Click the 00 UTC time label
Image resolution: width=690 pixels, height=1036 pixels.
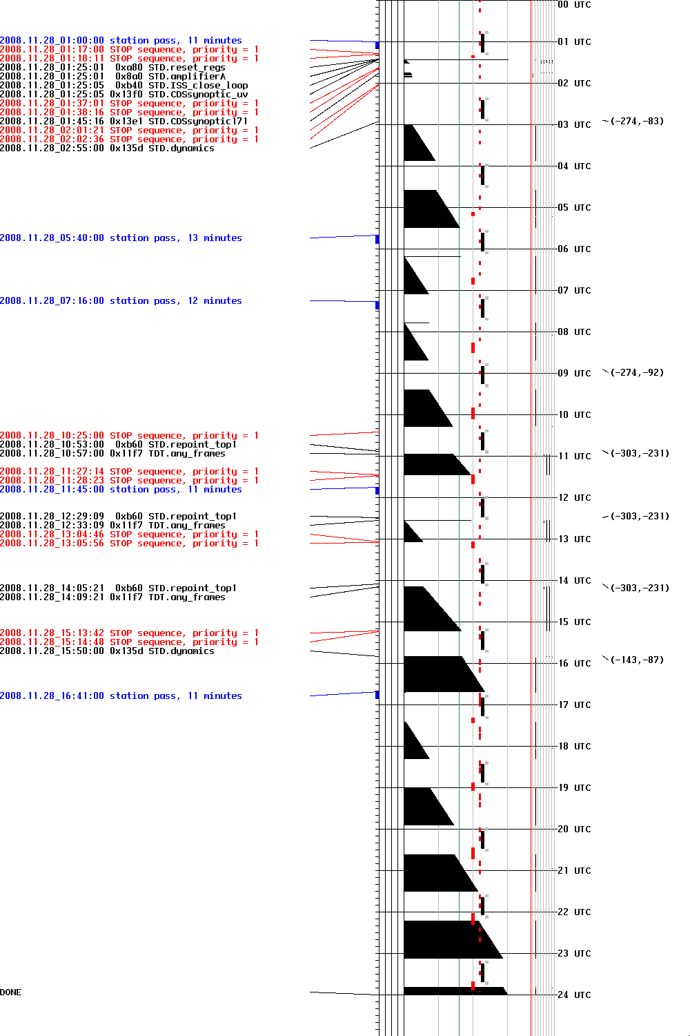[574, 5]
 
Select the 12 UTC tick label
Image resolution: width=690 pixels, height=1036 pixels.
[574, 498]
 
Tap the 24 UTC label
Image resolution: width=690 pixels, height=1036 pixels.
[574, 995]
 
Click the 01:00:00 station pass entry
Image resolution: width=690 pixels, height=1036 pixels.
[121, 41]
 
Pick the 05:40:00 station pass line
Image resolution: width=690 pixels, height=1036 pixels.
[121, 238]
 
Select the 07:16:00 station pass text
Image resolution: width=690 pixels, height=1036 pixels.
[121, 301]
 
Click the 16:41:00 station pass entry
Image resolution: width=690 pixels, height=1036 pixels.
[121, 696]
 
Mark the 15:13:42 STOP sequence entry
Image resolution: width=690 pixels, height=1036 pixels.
[129, 633]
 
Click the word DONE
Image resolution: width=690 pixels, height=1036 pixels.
[11, 992]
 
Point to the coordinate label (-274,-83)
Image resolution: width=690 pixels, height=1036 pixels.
[637, 122]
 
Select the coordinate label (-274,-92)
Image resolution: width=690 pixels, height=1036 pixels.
[637, 373]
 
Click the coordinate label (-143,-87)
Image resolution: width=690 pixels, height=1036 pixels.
[637, 660]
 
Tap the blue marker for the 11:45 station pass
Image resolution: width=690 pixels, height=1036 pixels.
[377, 490]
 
